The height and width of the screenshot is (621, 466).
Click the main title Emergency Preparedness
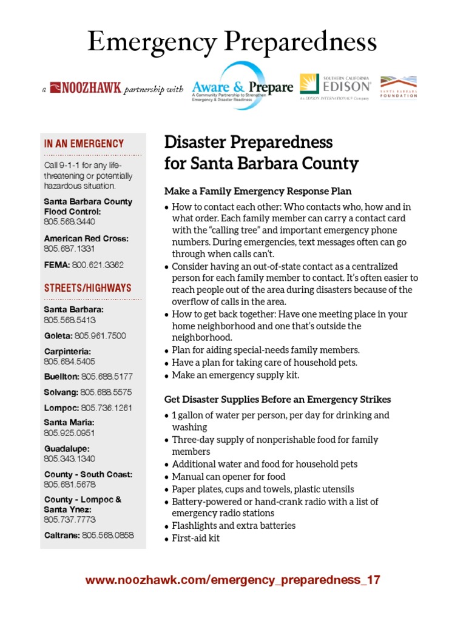(x=232, y=42)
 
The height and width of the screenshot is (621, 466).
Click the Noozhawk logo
(x=86, y=89)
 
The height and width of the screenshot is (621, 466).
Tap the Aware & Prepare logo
(x=242, y=87)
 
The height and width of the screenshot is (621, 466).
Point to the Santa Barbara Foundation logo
(x=398, y=87)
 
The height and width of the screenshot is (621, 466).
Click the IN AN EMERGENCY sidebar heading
(x=84, y=144)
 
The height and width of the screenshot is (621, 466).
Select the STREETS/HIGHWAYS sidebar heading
(x=87, y=288)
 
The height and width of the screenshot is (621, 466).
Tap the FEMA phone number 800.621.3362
(x=98, y=264)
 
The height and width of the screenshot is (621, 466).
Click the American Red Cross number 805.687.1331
(x=70, y=249)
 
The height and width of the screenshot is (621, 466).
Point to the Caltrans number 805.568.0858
(x=107, y=535)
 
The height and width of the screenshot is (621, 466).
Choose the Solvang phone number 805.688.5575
(x=106, y=392)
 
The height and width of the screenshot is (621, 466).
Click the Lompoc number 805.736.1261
(x=106, y=408)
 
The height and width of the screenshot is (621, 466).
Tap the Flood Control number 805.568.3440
(x=70, y=222)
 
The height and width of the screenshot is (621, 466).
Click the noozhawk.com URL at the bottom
(x=233, y=580)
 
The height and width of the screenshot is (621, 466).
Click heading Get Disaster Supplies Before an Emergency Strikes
(x=277, y=399)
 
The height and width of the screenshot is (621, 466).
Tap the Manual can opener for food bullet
(x=228, y=477)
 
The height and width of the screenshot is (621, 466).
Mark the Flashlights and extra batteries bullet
(x=234, y=526)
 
